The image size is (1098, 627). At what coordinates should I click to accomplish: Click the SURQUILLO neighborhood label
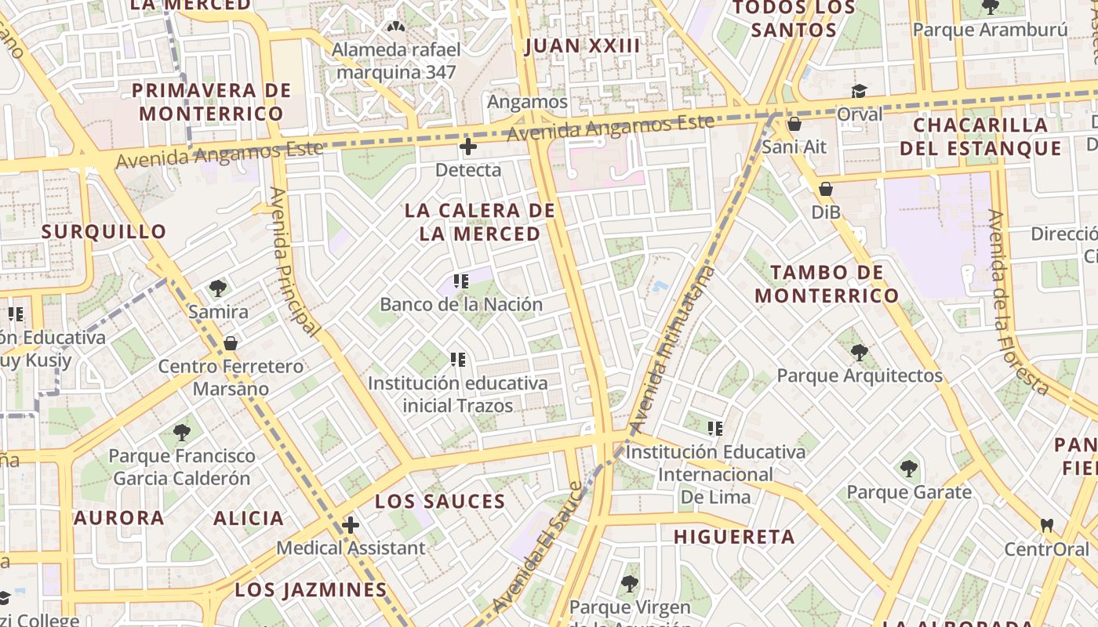coord(104,231)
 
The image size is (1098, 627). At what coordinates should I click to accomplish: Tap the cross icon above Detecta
coord(467,147)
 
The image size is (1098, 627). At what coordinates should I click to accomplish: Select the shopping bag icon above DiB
coord(825,189)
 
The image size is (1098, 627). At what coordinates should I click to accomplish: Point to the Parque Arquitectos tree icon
coord(860,353)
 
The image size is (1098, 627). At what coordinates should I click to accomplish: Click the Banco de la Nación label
coord(461,304)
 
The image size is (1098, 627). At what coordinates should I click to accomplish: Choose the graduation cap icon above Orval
coord(859,92)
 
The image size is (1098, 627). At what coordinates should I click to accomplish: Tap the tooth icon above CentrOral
coord(1046,525)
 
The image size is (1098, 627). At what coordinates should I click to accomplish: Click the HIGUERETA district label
coord(734,537)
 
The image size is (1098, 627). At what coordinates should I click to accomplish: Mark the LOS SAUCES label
coord(440,502)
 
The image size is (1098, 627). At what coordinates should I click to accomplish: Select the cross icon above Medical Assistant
coord(351,525)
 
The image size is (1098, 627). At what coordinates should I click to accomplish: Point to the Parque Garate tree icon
coord(908,469)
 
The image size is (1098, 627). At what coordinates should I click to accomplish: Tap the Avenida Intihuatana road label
coord(674,349)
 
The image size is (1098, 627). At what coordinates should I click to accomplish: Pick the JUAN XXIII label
coord(582,45)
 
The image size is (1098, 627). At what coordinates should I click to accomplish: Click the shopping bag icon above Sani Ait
coord(794,124)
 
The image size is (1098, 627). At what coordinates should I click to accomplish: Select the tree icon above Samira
coord(218,288)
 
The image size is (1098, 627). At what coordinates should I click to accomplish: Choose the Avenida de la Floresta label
coord(1020,302)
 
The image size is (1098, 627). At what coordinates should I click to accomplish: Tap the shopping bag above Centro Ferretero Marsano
coord(231,343)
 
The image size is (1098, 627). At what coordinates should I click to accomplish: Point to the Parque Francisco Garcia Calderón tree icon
coord(182,432)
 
